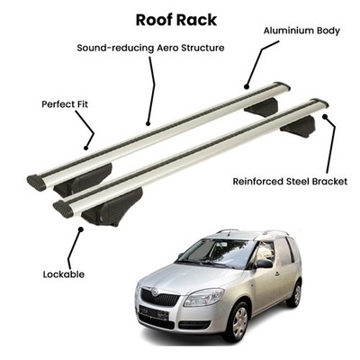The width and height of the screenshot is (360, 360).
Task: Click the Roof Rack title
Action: [176, 20]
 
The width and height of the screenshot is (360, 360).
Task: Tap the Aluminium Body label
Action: [301, 31]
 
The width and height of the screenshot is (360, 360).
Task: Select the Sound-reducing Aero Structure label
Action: [150, 48]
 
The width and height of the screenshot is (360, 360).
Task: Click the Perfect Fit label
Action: [65, 104]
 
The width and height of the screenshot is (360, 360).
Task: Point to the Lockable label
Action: [64, 274]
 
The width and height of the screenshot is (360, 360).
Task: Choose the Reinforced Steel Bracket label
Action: [290, 182]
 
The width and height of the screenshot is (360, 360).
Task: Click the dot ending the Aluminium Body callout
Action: [247, 87]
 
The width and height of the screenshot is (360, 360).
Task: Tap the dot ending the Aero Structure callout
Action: [148, 123]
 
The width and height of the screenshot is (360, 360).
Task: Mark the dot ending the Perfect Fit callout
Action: [86, 148]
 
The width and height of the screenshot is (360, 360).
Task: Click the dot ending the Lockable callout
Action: [80, 229]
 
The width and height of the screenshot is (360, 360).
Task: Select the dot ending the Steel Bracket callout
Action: [325, 116]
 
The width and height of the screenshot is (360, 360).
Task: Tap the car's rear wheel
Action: [295, 293]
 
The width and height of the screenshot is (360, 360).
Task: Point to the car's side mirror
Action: [264, 264]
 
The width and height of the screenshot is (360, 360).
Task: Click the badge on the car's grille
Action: [155, 292]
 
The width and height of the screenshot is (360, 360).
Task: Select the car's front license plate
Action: [154, 312]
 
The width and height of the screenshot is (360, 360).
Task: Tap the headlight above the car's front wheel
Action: [203, 297]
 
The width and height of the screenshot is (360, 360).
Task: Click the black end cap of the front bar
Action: [63, 209]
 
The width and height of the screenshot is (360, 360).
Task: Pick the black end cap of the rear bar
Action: [36, 183]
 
